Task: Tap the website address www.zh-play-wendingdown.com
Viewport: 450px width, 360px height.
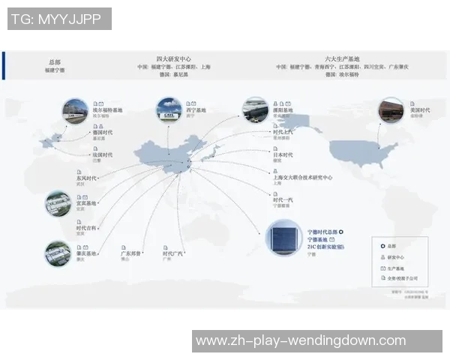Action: (301, 341)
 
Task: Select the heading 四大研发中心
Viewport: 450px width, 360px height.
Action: (172, 58)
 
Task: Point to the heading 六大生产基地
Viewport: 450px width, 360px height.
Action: (342, 58)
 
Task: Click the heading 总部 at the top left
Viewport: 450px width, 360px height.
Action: (54, 61)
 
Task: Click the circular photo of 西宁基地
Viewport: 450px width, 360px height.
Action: (167, 110)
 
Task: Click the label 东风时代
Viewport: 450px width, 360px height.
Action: (88, 178)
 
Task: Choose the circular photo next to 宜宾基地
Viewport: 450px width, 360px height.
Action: (58, 203)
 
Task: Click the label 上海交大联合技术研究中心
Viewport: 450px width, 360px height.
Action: (303, 178)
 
